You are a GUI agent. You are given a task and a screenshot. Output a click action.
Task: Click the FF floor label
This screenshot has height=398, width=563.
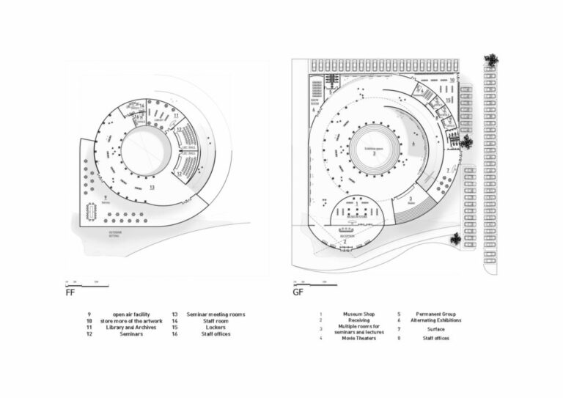[70, 292]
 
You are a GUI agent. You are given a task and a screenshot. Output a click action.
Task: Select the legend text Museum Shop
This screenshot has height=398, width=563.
[358, 313]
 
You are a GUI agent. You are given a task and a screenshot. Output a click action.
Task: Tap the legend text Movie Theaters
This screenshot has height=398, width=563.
[358, 338]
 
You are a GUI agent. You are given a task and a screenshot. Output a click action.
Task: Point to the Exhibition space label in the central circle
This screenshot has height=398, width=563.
[375, 150]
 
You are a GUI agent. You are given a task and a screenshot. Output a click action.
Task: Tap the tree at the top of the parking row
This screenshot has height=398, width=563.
[490, 62]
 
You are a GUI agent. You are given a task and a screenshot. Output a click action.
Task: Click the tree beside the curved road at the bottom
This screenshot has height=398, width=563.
[456, 239]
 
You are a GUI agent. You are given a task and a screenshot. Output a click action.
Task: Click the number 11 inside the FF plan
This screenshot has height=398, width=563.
[176, 116]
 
